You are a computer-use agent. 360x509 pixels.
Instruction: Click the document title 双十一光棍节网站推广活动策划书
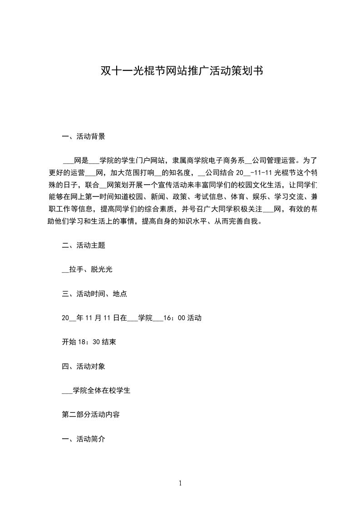click(180, 71)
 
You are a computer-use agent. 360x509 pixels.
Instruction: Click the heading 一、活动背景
click(84, 136)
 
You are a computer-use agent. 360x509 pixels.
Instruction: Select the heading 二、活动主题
click(84, 245)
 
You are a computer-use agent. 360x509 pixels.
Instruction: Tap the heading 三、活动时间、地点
click(94, 294)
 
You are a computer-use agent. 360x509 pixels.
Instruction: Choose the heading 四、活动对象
click(84, 366)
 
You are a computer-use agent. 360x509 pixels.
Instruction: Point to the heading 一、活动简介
click(84, 439)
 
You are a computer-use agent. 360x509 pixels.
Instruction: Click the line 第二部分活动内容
click(91, 415)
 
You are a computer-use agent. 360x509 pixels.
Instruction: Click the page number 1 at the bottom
click(180, 484)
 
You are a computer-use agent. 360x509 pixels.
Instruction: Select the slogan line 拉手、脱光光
click(91, 269)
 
